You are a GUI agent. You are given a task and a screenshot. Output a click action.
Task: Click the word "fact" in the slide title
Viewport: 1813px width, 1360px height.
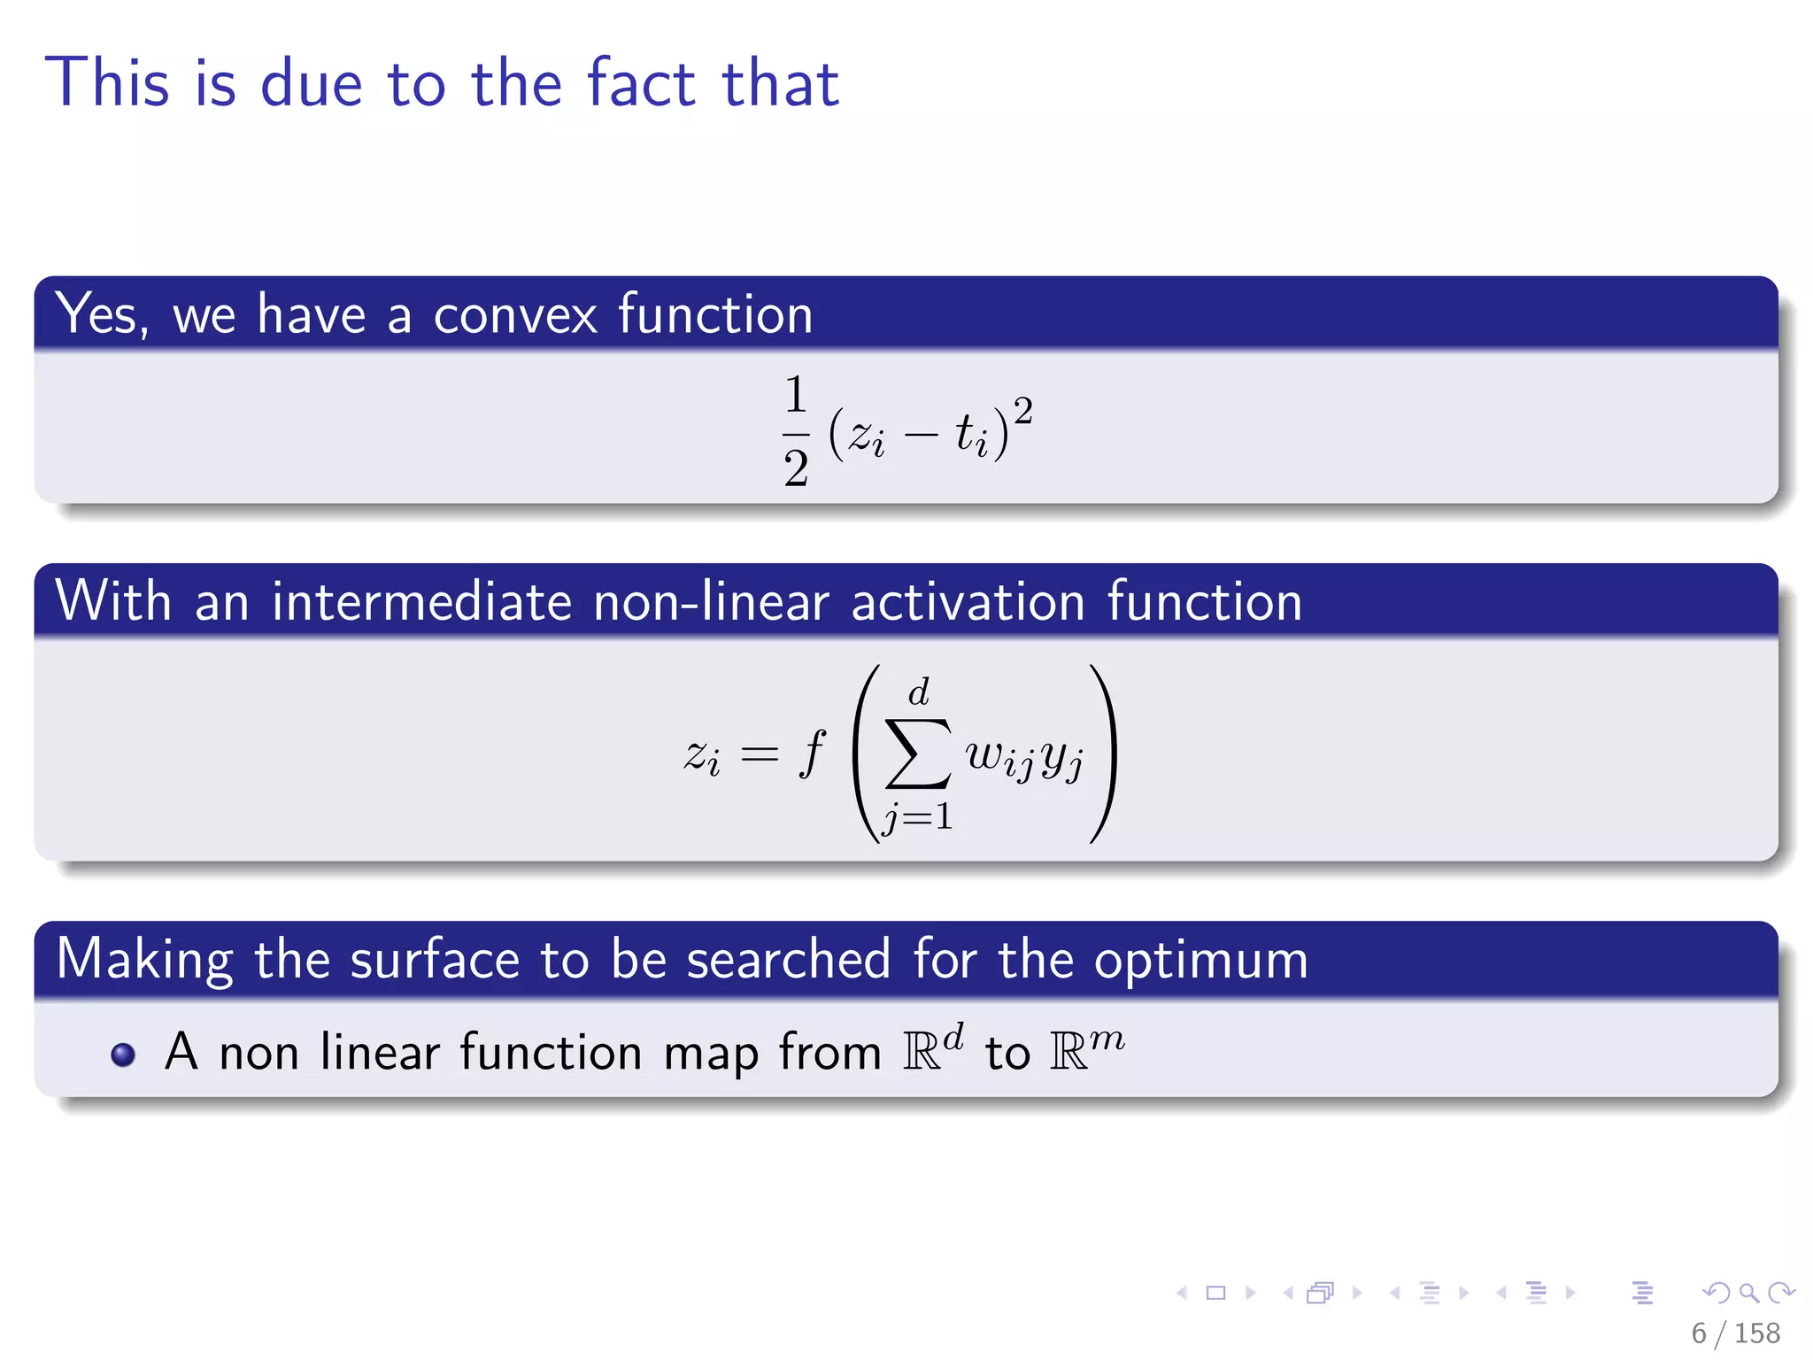(641, 83)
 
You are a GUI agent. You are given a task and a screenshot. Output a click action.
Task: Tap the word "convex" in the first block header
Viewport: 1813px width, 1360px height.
(514, 315)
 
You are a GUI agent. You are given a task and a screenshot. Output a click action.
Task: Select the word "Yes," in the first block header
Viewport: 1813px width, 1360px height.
(101, 315)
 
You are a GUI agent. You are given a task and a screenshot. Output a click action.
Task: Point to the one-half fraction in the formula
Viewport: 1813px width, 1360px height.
(795, 430)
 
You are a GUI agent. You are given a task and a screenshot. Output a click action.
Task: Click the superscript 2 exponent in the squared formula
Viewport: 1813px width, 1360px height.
(1022, 411)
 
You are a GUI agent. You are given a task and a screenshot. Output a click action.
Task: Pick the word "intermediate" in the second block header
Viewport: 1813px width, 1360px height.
(421, 602)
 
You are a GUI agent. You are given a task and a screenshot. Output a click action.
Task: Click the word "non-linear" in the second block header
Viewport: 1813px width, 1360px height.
(711, 602)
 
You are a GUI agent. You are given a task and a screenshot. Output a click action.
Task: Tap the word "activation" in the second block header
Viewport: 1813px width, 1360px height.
(968, 602)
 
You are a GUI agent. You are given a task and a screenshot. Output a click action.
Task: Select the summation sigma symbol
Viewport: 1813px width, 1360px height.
(918, 753)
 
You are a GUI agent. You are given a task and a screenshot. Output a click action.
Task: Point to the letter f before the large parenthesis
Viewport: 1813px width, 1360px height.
(811, 753)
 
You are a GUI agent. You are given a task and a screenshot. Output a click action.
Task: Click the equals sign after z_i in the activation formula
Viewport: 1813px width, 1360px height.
(759, 755)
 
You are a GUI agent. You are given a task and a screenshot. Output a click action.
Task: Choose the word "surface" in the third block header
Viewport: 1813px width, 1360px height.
(434, 960)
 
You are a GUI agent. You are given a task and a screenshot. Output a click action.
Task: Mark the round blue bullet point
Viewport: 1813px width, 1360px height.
(123, 1055)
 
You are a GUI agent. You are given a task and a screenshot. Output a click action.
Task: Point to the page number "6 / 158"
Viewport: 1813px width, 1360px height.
(1735, 1333)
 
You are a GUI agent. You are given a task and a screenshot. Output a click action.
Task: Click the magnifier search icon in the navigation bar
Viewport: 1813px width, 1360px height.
(1748, 1293)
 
